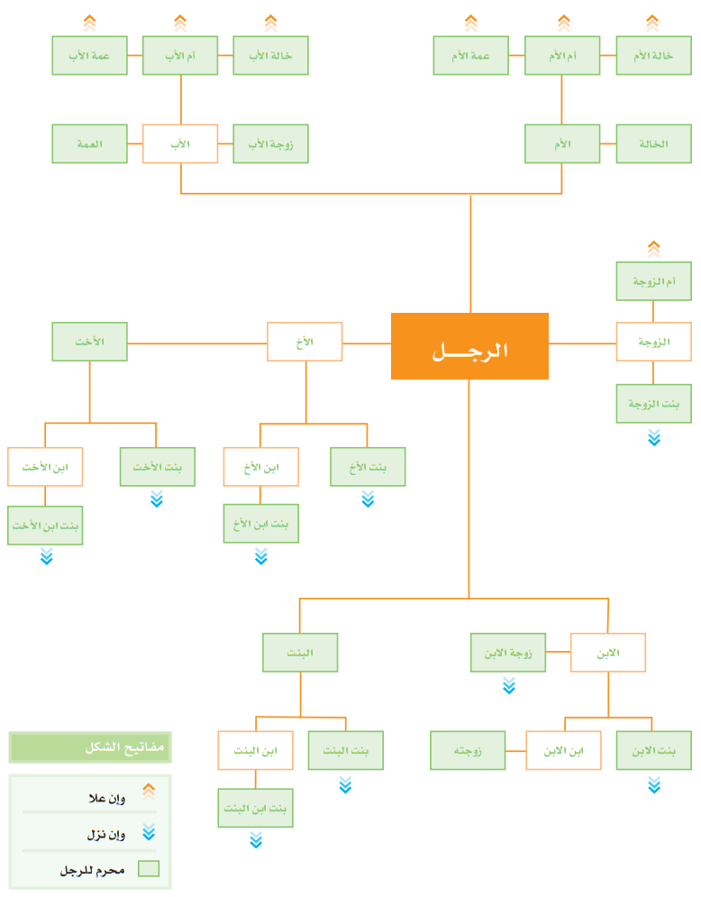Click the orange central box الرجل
469,346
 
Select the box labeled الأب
180,143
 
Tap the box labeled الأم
562,143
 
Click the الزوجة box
653,342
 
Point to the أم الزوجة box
653,281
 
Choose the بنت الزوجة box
653,403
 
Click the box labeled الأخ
305,342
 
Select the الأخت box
90,342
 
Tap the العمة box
90,143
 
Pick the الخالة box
653,143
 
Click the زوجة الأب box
270,143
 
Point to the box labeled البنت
300,652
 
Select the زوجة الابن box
508,652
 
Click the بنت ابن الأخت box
45,526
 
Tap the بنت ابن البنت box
256,808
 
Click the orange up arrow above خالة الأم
652,23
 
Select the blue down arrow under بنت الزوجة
654,437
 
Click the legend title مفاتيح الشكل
124,747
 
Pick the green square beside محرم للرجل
149,868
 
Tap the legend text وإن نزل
106,835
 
